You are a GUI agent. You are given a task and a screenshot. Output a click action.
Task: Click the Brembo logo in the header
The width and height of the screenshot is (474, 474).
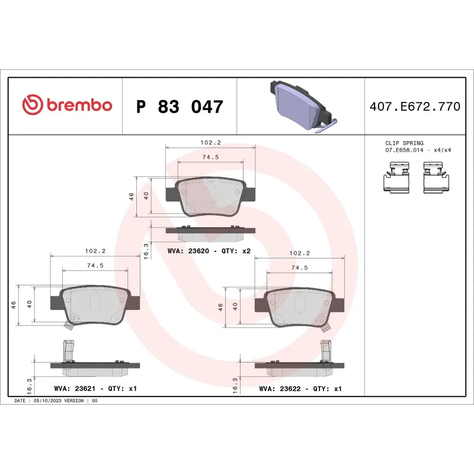click(67, 105)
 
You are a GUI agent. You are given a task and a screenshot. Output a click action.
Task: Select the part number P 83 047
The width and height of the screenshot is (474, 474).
click(180, 107)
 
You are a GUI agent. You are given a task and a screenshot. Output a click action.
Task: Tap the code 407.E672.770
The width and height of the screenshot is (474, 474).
click(414, 107)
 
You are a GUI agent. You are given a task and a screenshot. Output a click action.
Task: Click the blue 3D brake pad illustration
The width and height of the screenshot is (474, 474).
click(301, 107)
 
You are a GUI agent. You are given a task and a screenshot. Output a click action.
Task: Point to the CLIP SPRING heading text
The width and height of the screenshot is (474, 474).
click(404, 143)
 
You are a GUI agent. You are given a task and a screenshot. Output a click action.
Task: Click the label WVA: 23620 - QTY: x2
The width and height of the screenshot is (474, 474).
click(209, 251)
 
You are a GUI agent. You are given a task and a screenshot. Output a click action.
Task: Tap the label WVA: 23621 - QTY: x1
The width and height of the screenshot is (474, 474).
click(95, 389)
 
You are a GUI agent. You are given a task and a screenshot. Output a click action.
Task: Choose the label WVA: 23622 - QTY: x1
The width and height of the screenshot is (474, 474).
click(300, 389)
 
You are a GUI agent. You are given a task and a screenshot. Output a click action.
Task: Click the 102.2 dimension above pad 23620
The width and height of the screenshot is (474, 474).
click(210, 143)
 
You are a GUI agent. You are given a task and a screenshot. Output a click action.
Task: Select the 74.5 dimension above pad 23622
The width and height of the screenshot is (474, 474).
click(300, 268)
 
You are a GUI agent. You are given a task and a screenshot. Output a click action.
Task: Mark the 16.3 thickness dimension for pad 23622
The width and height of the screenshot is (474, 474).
click(235, 385)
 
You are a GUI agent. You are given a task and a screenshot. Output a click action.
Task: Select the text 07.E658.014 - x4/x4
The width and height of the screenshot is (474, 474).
click(418, 150)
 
